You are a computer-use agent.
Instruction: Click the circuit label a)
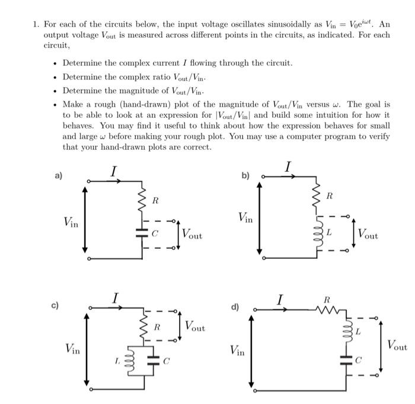(x=58, y=177)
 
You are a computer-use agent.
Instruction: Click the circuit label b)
(x=245, y=177)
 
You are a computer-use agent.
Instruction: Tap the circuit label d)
(x=235, y=307)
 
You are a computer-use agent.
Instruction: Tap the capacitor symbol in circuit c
(x=153, y=360)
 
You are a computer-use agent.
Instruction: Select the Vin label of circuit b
(x=245, y=218)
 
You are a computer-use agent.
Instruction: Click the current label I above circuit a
(x=114, y=171)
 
